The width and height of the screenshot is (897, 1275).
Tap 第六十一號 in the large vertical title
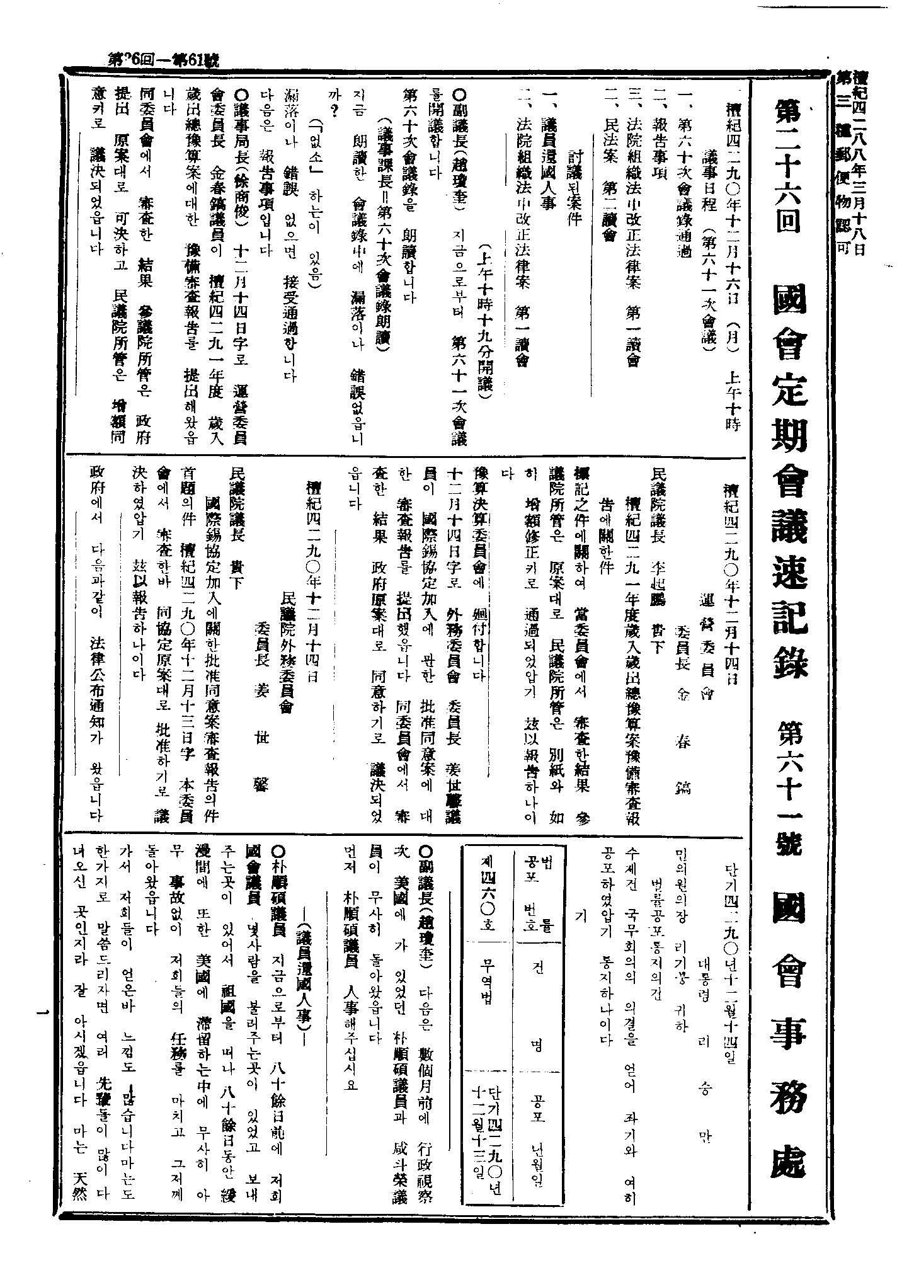pos(789,781)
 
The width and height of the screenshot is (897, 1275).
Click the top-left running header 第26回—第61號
pos(163,61)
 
